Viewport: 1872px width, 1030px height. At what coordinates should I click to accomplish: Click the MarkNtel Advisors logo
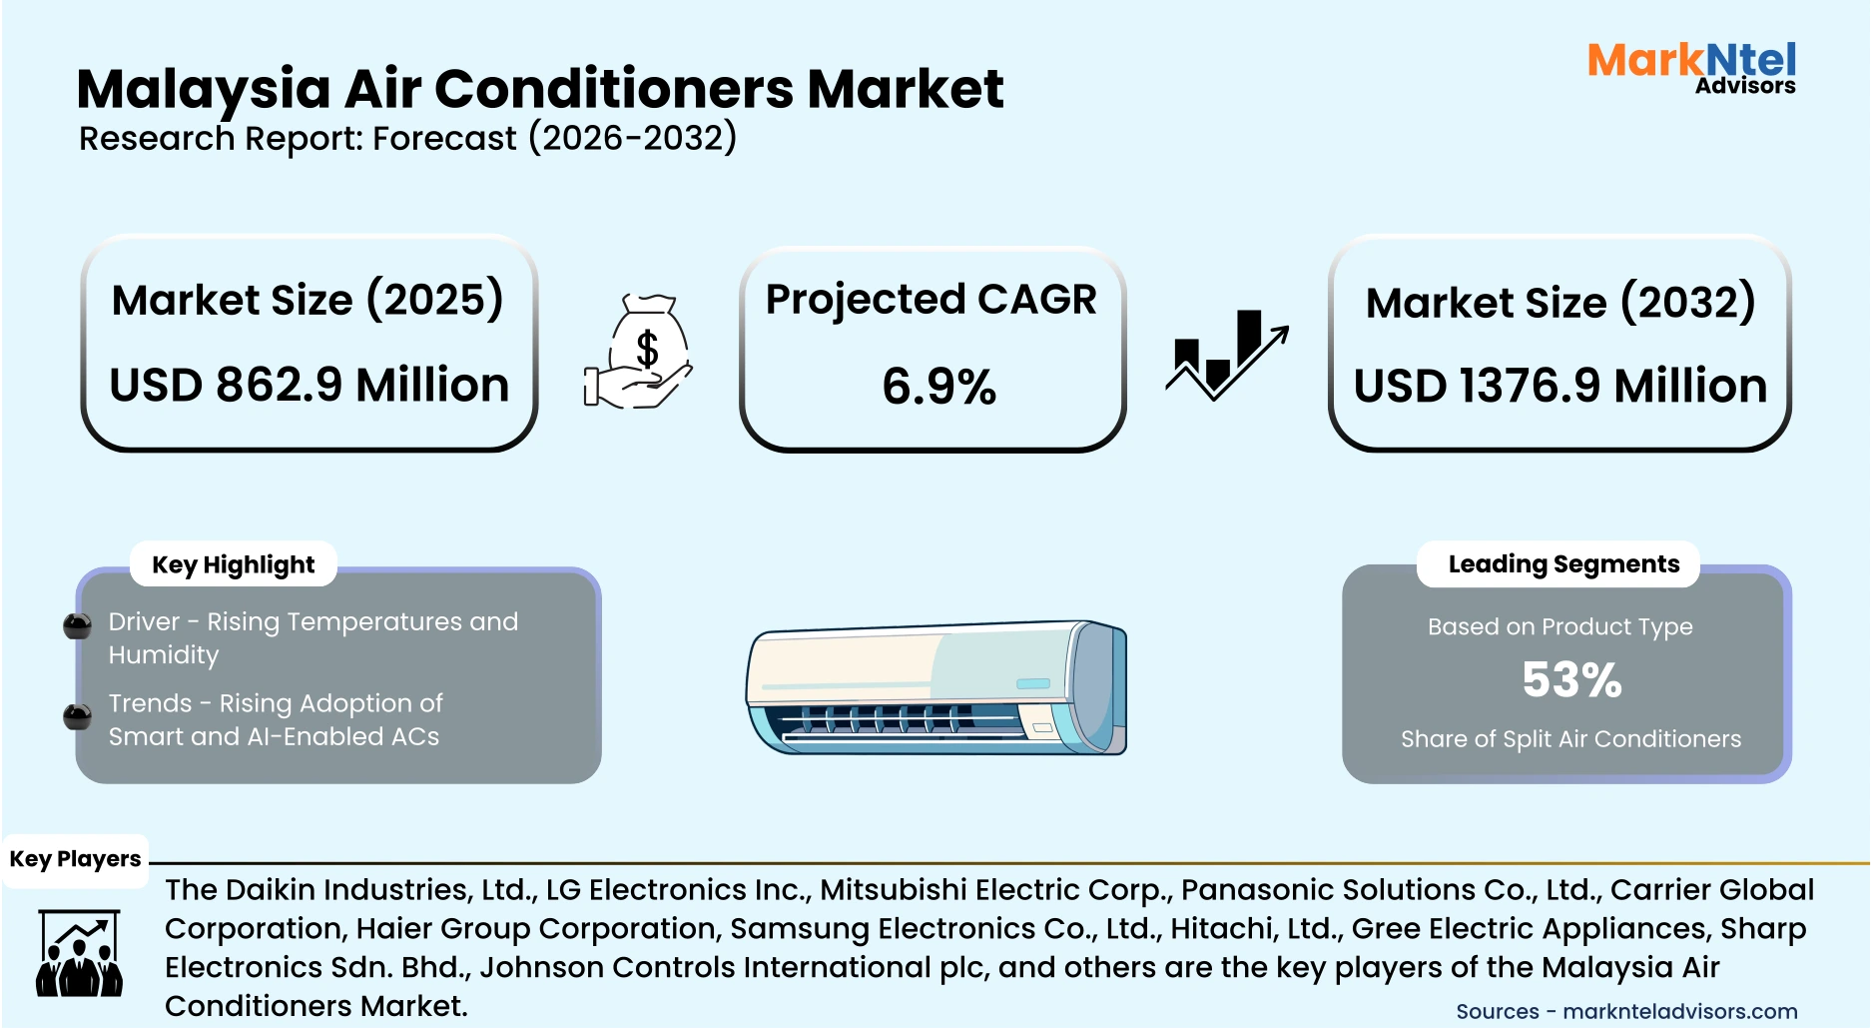click(x=1691, y=68)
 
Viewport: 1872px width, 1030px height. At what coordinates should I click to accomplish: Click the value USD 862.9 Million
click(x=310, y=386)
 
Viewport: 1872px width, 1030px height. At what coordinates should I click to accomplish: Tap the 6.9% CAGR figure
click(x=938, y=388)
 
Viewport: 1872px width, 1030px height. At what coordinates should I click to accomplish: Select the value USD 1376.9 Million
click(x=1560, y=387)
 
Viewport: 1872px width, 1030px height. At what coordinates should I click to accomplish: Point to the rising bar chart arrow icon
click(x=1226, y=355)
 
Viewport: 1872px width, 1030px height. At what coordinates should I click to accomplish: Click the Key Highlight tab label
click(x=233, y=565)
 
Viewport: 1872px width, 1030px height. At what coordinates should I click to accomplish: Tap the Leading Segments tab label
click(x=1562, y=564)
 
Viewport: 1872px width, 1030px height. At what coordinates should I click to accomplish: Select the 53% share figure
click(x=1571, y=680)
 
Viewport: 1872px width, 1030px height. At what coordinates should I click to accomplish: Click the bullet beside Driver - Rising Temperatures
click(x=77, y=626)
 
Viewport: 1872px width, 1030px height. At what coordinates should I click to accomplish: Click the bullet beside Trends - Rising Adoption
click(x=77, y=716)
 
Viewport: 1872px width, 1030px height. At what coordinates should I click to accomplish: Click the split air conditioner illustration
click(x=936, y=687)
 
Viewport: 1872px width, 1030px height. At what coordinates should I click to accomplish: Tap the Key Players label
click(x=75, y=859)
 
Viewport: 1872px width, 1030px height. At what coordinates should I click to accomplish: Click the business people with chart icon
click(x=79, y=953)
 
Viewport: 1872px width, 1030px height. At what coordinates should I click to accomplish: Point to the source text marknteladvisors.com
click(x=1679, y=1011)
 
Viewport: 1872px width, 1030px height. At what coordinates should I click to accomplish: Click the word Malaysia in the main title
click(x=204, y=90)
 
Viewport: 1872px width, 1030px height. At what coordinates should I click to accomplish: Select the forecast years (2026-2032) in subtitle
click(x=632, y=138)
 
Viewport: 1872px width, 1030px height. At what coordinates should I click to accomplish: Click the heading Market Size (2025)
click(x=308, y=301)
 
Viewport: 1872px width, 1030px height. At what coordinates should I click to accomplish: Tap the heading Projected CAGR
click(x=931, y=300)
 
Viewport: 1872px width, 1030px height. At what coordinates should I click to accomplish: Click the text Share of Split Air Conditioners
click(x=1569, y=739)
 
